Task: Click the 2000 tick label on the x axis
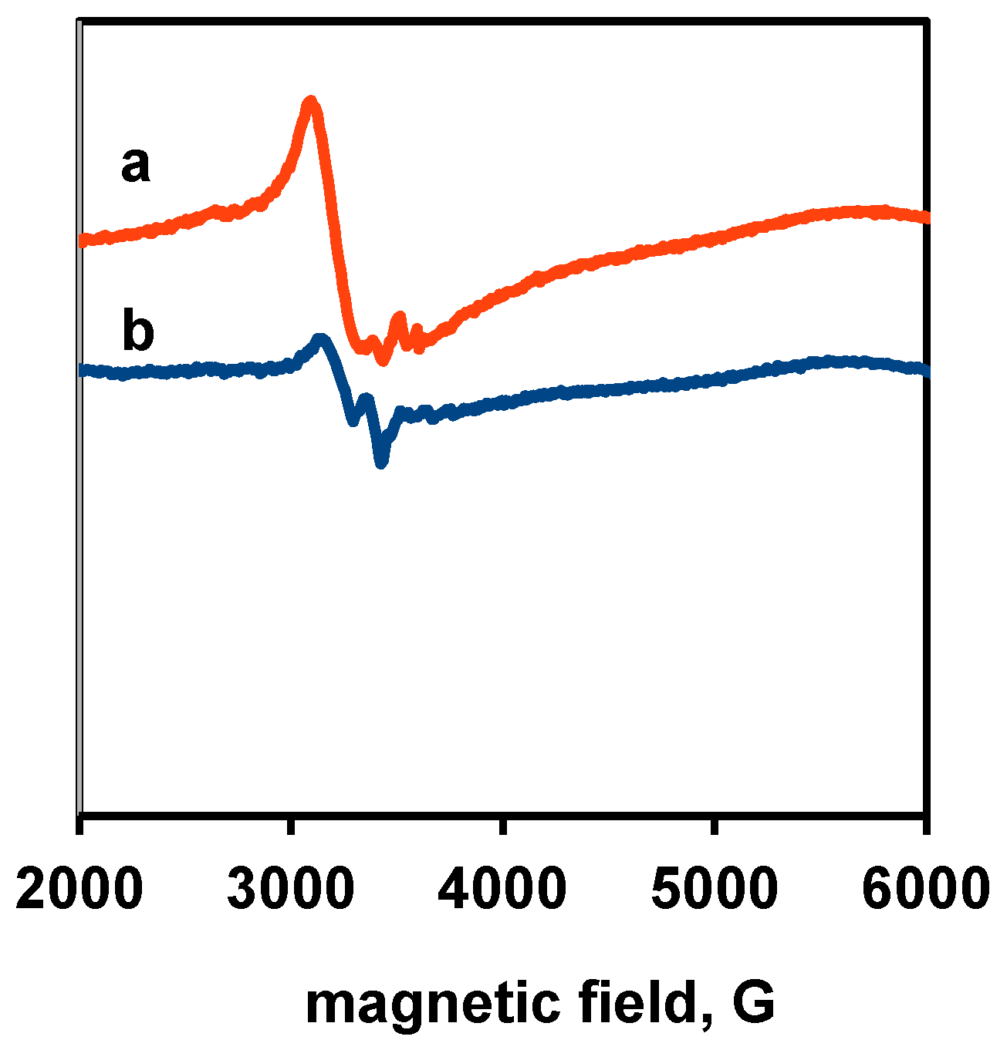pyautogui.click(x=79, y=887)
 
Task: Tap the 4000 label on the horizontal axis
pyautogui.click(x=502, y=887)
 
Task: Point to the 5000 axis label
pyautogui.click(x=715, y=887)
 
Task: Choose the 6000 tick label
pyautogui.click(x=925, y=887)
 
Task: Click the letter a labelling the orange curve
pyautogui.click(x=135, y=166)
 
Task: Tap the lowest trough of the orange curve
pyautogui.click(x=381, y=361)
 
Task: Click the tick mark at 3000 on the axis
pyautogui.click(x=290, y=824)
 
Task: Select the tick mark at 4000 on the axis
pyautogui.click(x=502, y=824)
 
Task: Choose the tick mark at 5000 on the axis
pyautogui.click(x=715, y=824)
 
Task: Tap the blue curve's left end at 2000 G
pyautogui.click(x=82, y=370)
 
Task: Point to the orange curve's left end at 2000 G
pyautogui.click(x=82, y=241)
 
